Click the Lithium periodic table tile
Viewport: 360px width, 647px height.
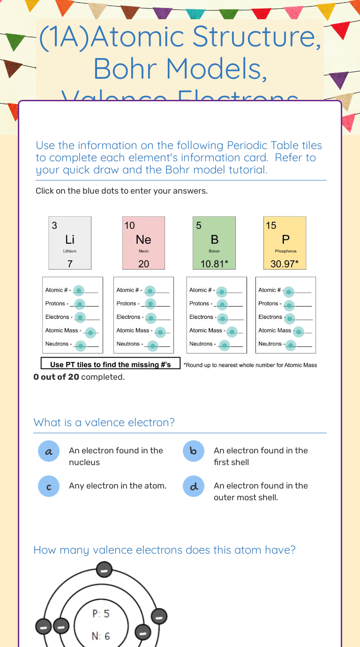click(x=70, y=243)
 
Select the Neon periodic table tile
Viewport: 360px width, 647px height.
click(x=143, y=243)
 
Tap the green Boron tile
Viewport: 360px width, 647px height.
click(x=214, y=243)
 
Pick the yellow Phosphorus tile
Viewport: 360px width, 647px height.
click(x=285, y=243)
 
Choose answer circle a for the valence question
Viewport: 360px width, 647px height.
click(x=49, y=451)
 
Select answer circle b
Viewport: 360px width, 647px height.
click(x=194, y=451)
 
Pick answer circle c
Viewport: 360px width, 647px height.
click(x=49, y=487)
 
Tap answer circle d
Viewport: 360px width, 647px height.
click(x=194, y=487)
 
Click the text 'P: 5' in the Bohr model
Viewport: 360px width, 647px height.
click(x=101, y=614)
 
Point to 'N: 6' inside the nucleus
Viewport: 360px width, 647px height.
click(x=101, y=636)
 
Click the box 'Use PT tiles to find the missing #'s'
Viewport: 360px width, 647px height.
click(x=111, y=364)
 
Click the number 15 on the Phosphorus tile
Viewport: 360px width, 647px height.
click(x=271, y=226)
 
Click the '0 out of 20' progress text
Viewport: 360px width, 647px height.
click(x=56, y=377)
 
